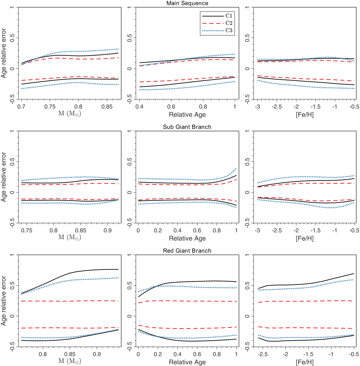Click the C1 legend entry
(229, 16)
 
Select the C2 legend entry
(229, 23)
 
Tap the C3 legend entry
(229, 30)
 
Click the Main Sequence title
(187, 3)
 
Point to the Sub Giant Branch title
(187, 127)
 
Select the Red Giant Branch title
(187, 251)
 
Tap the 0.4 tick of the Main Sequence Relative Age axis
(139, 107)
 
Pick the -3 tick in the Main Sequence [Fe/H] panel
(257, 107)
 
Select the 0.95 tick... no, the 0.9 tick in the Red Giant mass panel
(97, 354)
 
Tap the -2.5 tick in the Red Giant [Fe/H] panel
(263, 354)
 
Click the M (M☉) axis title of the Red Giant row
(70, 361)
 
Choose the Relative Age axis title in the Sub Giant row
(187, 238)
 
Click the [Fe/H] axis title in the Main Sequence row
(305, 115)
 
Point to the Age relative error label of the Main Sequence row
(4, 53)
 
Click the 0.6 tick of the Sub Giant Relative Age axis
(197, 230)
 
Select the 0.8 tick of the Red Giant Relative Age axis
(217, 354)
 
